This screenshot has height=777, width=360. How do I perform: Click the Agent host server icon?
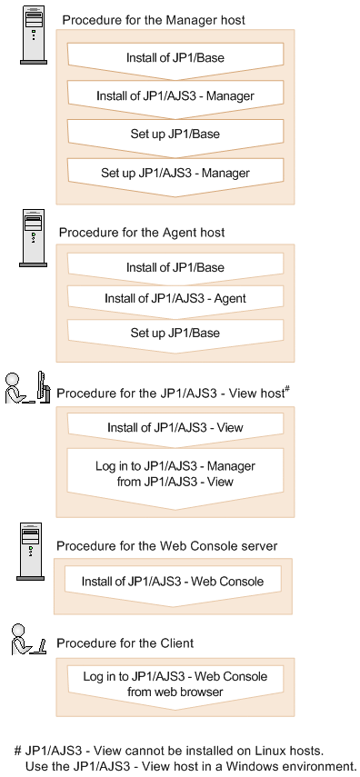(x=34, y=238)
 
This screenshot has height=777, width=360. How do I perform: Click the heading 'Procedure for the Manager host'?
(x=154, y=20)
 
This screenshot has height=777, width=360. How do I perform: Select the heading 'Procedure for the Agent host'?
(x=142, y=233)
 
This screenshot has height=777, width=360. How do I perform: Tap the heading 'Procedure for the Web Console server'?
(x=166, y=546)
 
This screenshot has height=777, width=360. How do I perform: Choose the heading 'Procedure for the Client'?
(x=125, y=643)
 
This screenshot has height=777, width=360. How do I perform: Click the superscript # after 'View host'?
(x=286, y=389)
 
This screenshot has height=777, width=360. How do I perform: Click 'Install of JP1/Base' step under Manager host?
(x=175, y=58)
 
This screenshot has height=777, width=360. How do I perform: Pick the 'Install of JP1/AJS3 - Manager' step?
(x=175, y=95)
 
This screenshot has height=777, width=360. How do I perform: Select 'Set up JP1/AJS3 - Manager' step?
(x=175, y=172)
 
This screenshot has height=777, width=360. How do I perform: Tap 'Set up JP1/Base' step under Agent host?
(x=175, y=334)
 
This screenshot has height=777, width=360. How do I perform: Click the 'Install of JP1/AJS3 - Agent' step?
(x=175, y=298)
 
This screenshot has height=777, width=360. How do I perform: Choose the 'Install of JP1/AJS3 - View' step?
(x=175, y=428)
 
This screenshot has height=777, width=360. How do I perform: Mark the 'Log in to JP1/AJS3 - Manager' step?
(x=175, y=473)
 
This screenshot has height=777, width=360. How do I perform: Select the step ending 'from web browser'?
(x=175, y=683)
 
